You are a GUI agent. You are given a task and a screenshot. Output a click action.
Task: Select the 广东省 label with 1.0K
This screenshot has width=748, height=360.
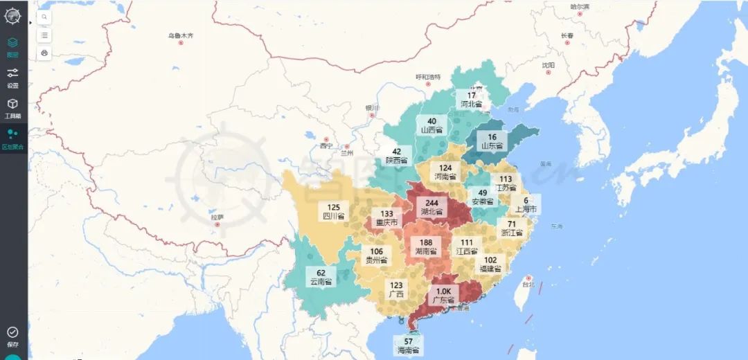[443, 296]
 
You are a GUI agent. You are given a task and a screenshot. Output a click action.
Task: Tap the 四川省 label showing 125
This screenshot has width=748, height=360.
[333, 211]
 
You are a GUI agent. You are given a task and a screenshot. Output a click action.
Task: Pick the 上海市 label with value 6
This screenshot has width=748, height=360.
[526, 204]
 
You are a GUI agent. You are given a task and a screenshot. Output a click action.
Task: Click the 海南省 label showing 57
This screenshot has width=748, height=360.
[408, 345]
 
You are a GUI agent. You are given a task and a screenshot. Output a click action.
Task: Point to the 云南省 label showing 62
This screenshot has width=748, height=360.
[321, 277]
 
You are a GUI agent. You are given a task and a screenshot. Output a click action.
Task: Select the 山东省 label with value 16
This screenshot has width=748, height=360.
[492, 141]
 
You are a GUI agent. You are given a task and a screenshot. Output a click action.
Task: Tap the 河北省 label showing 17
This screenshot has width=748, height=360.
[471, 100]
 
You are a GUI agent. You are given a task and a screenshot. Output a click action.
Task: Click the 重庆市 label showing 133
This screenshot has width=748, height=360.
[386, 219]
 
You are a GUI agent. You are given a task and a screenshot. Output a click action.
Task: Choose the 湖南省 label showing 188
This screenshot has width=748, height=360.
[426, 246]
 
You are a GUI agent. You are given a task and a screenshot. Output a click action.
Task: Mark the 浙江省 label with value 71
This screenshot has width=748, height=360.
[511, 228]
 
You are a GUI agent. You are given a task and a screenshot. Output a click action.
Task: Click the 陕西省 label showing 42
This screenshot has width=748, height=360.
[396, 156]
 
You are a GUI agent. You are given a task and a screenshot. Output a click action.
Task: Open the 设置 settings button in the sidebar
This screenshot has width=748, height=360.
[12, 77]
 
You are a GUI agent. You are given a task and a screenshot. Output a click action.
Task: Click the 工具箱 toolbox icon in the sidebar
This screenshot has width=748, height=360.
[12, 107]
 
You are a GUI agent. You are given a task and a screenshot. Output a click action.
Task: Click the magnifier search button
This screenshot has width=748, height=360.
[44, 16]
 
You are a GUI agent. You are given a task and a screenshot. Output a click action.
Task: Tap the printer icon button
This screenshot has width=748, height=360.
[44, 53]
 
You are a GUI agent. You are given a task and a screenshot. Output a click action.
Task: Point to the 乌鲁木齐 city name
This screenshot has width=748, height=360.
[181, 35]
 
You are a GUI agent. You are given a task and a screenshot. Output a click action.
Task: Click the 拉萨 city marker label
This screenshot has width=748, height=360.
[217, 217]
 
